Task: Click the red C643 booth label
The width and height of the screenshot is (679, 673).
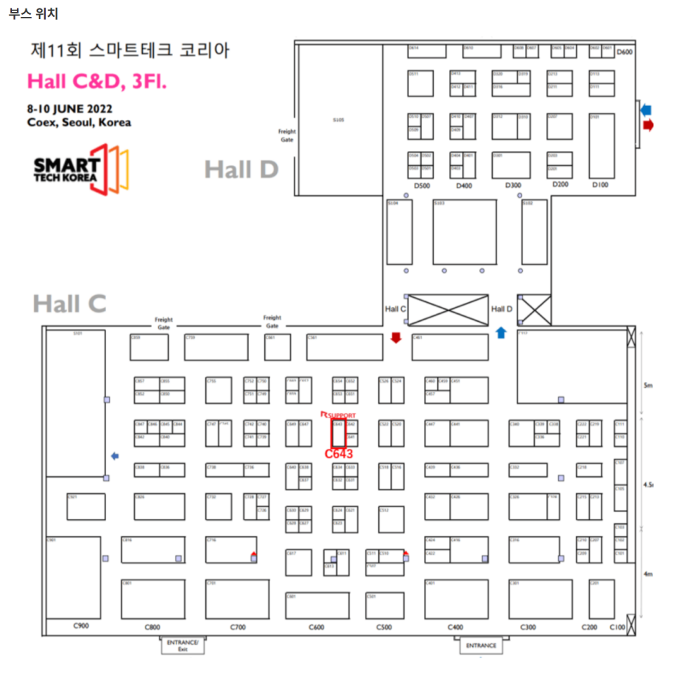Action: tap(339, 454)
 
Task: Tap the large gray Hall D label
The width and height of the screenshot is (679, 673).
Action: tap(241, 169)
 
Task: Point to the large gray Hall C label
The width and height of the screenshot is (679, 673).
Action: tap(70, 303)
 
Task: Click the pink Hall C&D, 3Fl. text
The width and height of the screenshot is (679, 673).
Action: tap(97, 81)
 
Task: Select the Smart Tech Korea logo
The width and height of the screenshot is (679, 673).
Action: tap(82, 169)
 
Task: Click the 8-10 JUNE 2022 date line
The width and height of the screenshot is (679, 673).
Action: tap(70, 109)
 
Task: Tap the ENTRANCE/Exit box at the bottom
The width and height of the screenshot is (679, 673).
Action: tap(183, 645)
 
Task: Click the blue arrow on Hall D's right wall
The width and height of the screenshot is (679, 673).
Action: tap(647, 110)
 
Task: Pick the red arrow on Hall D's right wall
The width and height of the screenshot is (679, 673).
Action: tap(648, 124)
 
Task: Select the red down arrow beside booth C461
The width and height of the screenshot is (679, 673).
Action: tap(396, 338)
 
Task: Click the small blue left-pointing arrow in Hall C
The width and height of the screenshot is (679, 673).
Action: tap(115, 456)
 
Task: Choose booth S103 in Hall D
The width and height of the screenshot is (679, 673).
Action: tap(464, 232)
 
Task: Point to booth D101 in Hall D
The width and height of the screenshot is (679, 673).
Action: tap(601, 145)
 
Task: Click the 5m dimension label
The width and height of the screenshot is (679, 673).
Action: tap(649, 386)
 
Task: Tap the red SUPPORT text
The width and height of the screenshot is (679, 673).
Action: tap(342, 415)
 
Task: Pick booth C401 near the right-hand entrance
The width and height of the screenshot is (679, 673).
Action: tap(456, 599)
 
